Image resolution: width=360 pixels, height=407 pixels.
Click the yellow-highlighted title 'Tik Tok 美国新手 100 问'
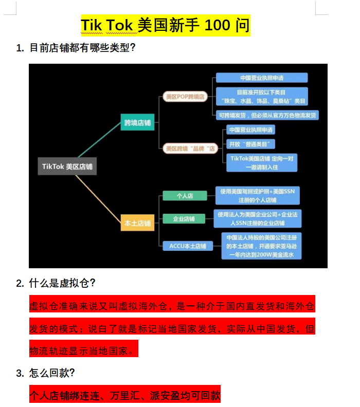pos(166,25)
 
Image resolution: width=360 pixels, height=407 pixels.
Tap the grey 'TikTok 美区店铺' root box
pos(67,166)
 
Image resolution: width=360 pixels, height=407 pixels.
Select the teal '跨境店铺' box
pos(137,122)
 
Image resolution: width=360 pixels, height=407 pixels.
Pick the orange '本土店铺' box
pos(137,223)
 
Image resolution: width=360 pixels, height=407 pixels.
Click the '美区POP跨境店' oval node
pos(185,97)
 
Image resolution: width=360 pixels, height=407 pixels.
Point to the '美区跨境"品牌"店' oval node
pos(190,149)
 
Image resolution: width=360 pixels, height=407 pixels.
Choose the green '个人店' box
pos(185,196)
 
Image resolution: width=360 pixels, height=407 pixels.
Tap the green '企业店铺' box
pos(184,219)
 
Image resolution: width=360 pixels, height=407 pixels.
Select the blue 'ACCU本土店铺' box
pos(188,246)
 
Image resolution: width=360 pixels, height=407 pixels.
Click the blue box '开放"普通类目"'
pos(250,144)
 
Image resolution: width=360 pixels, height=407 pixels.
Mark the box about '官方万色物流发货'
pos(267,115)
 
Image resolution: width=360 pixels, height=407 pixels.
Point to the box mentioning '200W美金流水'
pos(262,246)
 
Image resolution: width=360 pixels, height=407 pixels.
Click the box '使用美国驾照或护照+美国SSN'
pos(258,195)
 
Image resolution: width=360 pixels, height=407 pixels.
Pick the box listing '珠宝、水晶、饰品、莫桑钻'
pos(262,96)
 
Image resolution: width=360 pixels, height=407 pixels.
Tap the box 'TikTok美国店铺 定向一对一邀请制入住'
pos(262,163)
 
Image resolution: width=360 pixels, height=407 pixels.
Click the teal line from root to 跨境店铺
pos(99,140)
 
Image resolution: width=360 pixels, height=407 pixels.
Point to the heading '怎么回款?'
pos(45,373)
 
